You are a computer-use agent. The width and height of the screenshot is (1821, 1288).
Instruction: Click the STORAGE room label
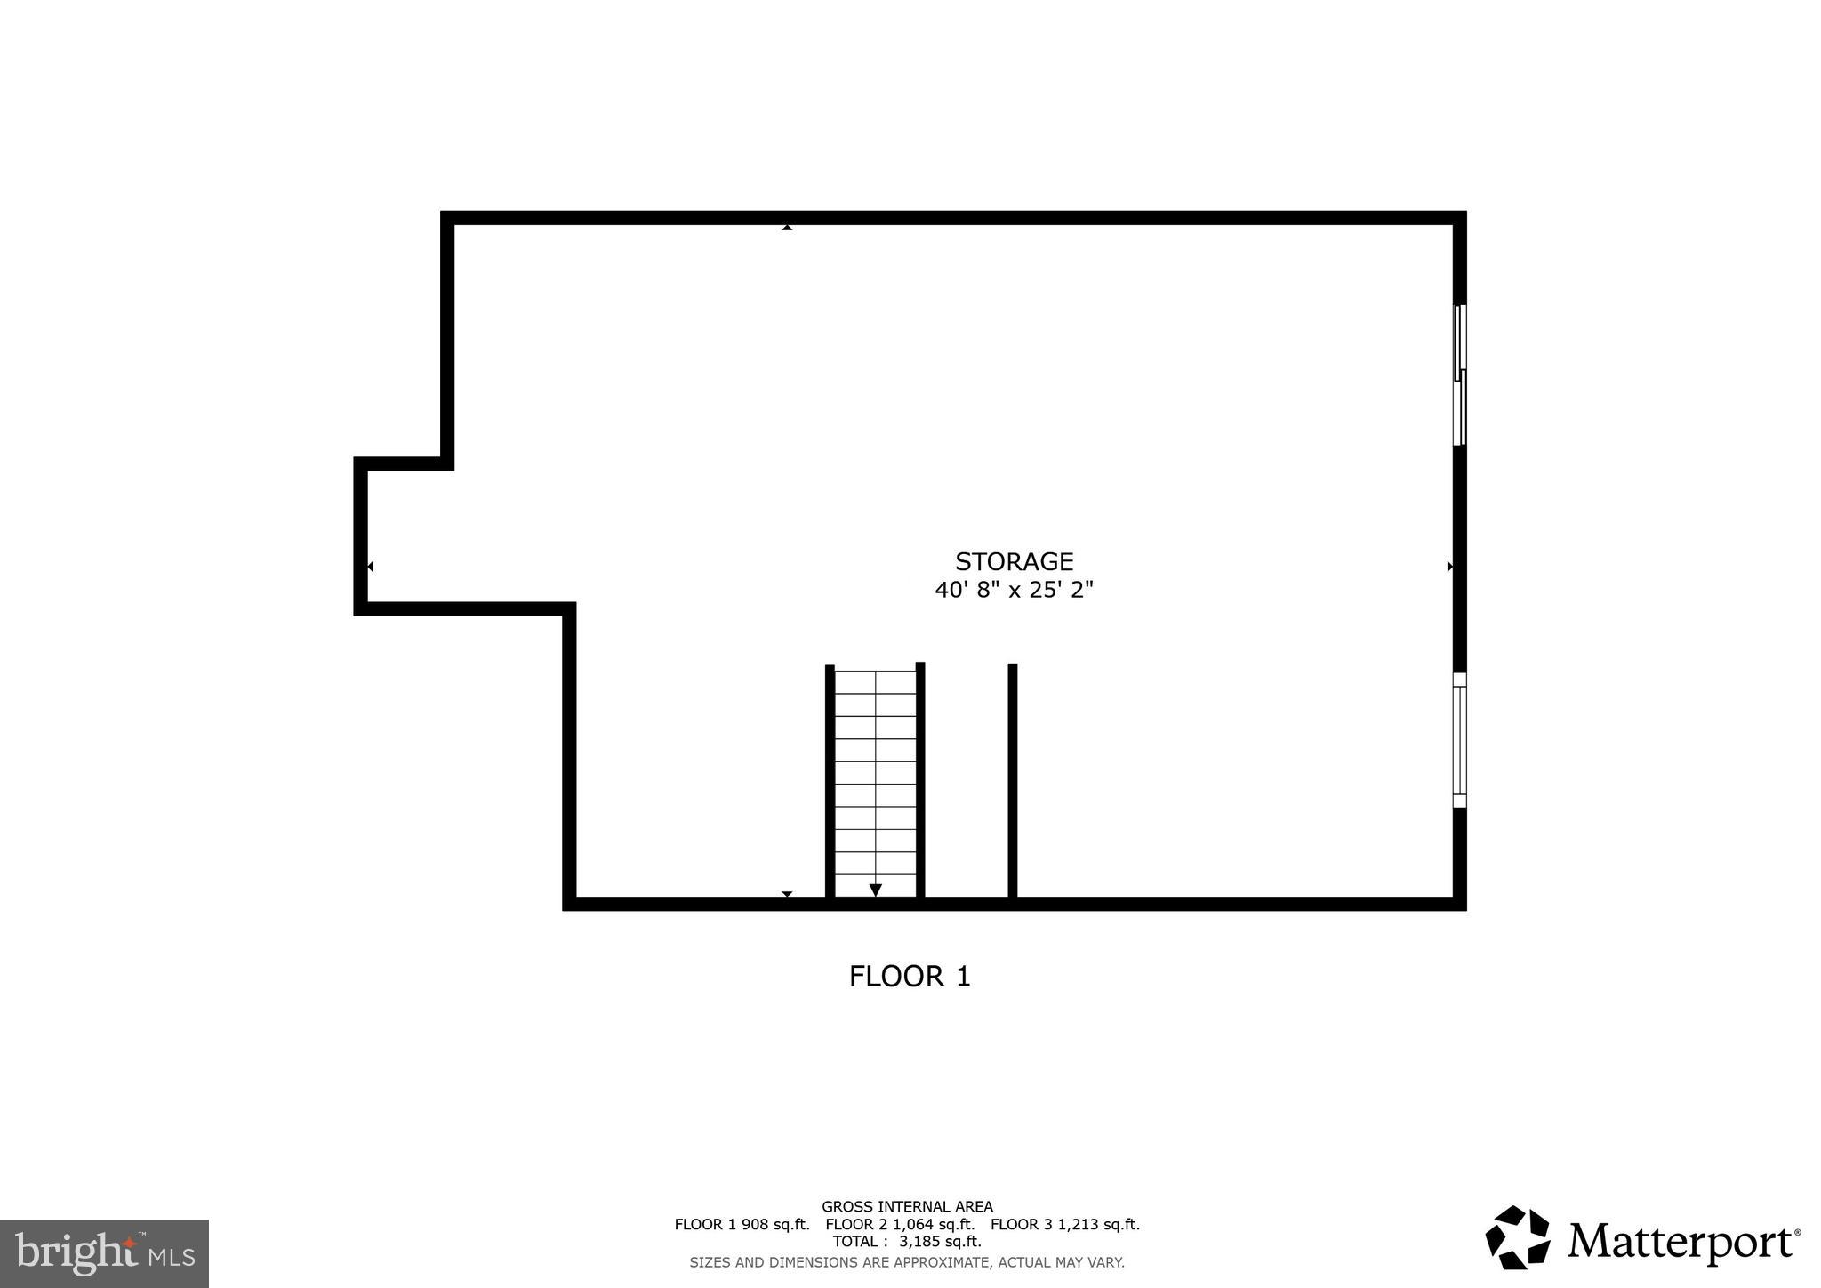click(1014, 561)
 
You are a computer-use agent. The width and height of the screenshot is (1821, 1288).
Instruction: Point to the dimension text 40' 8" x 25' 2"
click(1014, 590)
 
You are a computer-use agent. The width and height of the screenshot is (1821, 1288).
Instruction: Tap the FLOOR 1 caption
click(910, 977)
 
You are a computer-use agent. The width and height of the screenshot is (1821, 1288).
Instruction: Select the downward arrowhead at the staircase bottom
click(875, 890)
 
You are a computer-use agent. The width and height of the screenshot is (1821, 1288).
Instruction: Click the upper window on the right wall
click(1459, 374)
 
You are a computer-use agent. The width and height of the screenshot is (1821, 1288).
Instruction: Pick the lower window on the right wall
click(1459, 740)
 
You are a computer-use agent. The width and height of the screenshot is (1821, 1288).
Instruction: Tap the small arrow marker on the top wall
click(787, 228)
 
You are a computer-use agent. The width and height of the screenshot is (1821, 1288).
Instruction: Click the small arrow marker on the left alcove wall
click(370, 567)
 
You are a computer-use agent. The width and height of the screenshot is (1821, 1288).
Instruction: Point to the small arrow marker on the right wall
click(1450, 567)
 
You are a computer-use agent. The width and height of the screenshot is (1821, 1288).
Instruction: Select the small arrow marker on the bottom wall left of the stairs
click(787, 894)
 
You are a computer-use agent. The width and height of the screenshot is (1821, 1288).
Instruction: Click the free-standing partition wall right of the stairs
click(1012, 780)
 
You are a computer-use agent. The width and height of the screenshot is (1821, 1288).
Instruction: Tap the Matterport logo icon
click(1517, 1237)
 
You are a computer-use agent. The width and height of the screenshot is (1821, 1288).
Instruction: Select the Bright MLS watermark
click(104, 1253)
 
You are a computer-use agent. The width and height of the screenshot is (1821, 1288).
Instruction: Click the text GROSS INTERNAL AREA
click(907, 1207)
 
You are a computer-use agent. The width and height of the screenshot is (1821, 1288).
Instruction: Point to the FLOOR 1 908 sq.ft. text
click(742, 1225)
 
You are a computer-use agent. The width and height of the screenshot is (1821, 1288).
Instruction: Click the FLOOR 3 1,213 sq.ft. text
click(1064, 1225)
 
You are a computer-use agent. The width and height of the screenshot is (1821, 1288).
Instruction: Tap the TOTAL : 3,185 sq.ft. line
click(907, 1242)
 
